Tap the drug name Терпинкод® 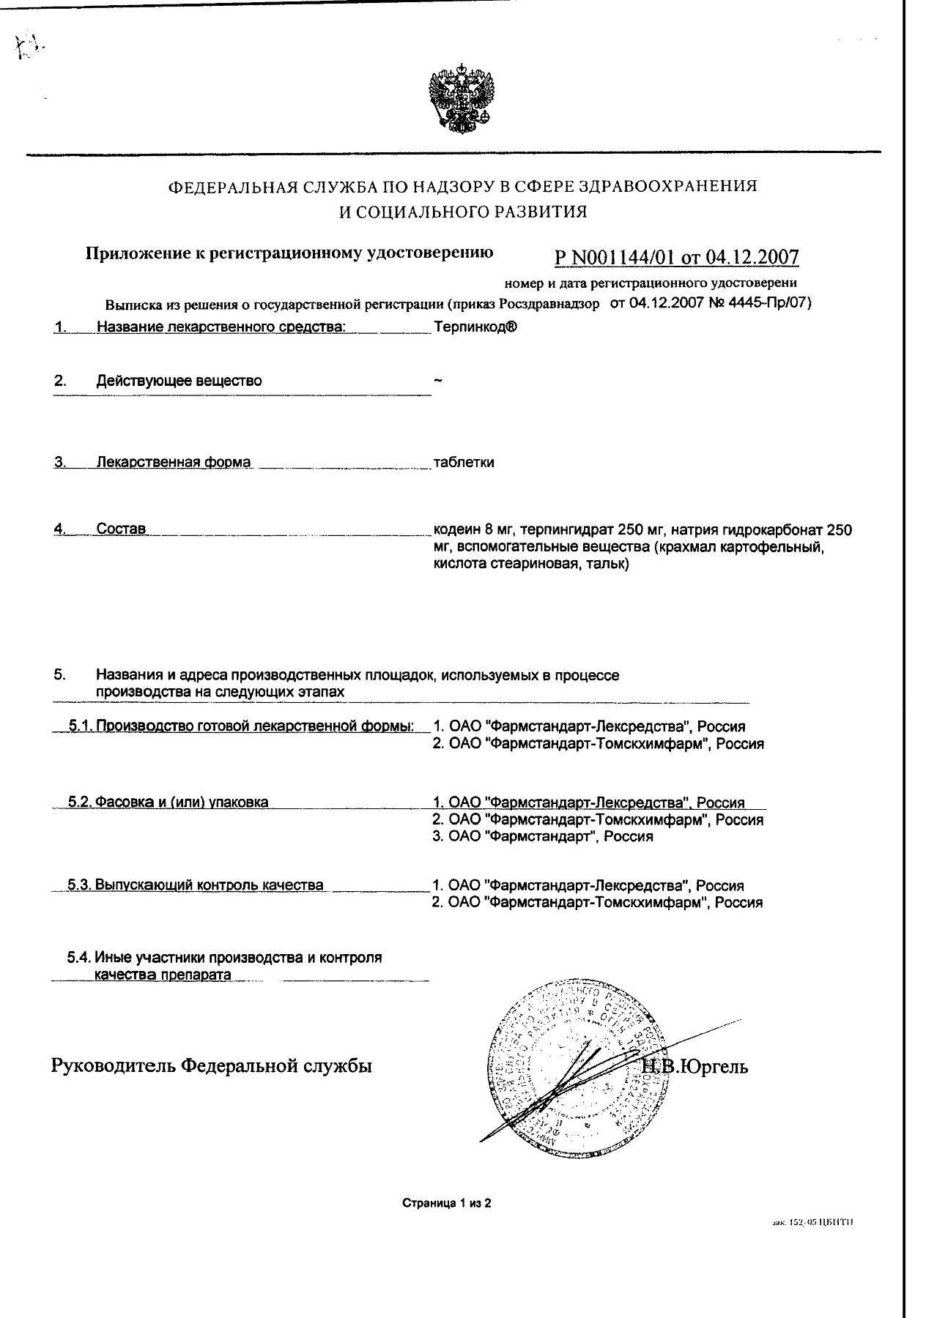click(475, 327)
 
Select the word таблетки click(464, 463)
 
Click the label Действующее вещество click(179, 381)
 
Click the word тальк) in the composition click(607, 565)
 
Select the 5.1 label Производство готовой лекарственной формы click(255, 726)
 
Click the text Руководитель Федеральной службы click(211, 1065)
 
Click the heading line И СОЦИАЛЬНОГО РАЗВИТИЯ click(462, 212)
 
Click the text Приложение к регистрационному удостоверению click(289, 253)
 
